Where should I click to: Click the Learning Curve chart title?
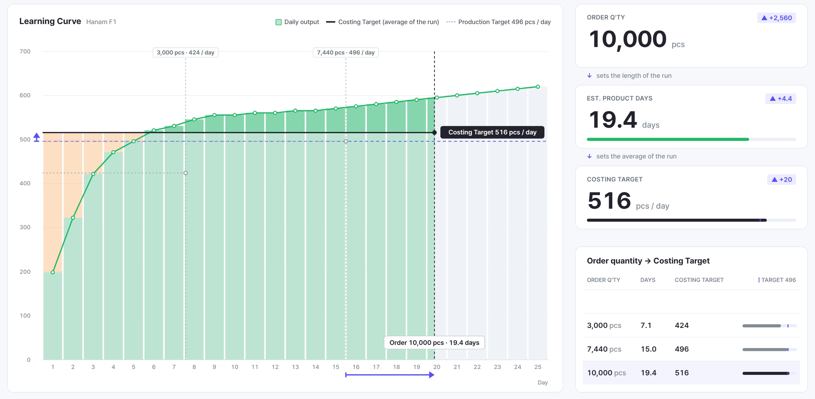pyautogui.click(x=50, y=22)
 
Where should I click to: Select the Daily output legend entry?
pyautogui.click(x=297, y=22)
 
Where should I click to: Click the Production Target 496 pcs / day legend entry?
pyautogui.click(x=498, y=22)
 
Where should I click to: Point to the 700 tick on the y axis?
pyautogui.click(x=25, y=51)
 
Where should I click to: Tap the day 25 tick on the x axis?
pyautogui.click(x=538, y=367)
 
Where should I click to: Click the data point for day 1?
pyautogui.click(x=53, y=272)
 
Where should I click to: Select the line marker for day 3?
pyautogui.click(x=93, y=174)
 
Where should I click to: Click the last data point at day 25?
pyautogui.click(x=538, y=87)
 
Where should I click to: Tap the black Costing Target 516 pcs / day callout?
pyautogui.click(x=492, y=132)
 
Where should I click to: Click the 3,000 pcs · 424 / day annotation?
pyautogui.click(x=185, y=52)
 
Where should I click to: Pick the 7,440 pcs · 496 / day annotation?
pyautogui.click(x=346, y=52)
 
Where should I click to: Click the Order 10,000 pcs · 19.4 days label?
pyautogui.click(x=434, y=342)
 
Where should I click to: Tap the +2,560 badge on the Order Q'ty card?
pyautogui.click(x=776, y=18)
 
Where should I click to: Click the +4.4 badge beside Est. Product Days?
pyautogui.click(x=781, y=98)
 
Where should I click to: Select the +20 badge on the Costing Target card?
pyautogui.click(x=781, y=179)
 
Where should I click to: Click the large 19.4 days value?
pyautogui.click(x=623, y=120)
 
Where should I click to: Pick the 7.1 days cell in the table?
pyautogui.click(x=646, y=325)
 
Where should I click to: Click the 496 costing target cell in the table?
pyautogui.click(x=682, y=349)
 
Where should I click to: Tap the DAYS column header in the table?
pyautogui.click(x=648, y=280)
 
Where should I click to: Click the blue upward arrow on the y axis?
pyautogui.click(x=36, y=137)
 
